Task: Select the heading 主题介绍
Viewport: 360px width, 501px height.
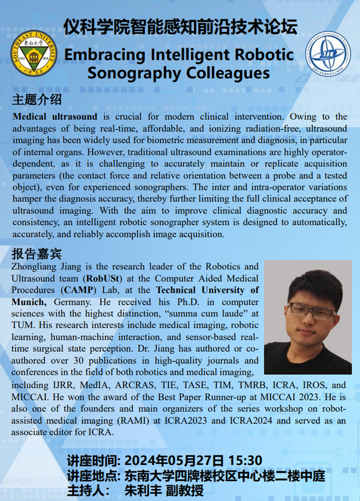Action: tap(37, 101)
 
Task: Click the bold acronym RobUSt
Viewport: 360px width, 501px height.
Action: tap(103, 278)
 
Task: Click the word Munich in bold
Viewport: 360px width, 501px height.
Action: tap(27, 302)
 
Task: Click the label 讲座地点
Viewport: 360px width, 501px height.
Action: tap(90, 475)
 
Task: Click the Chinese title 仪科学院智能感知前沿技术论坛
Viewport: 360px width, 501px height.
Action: tap(180, 26)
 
